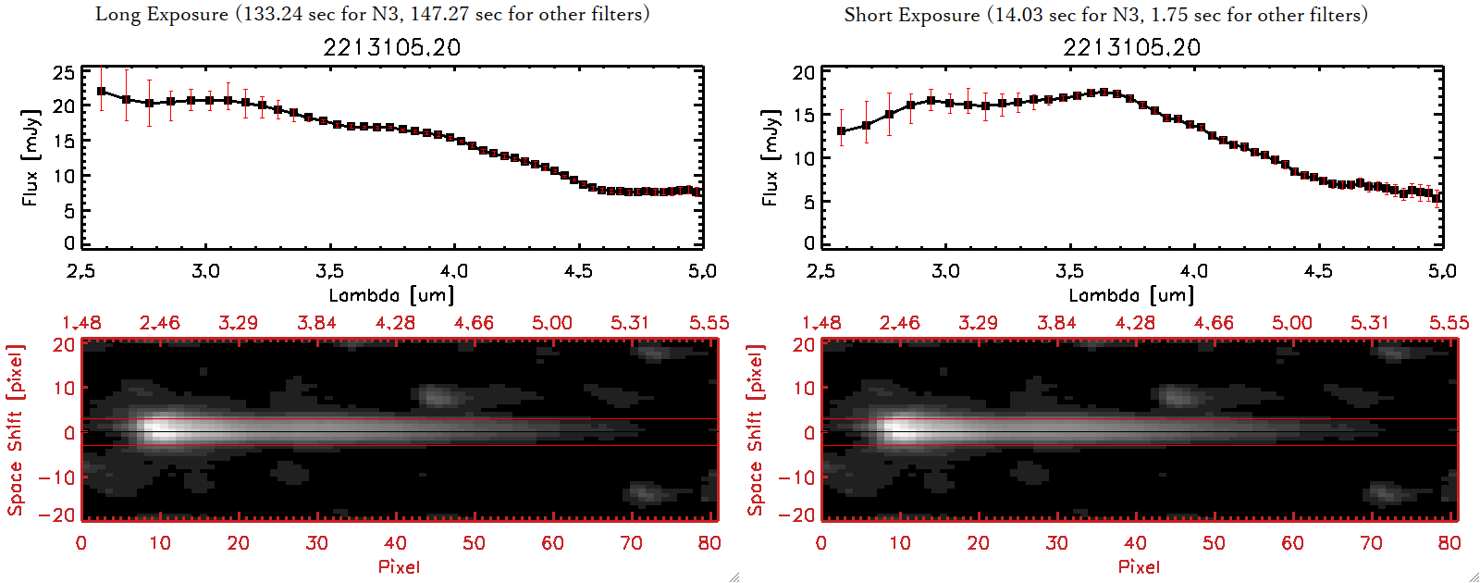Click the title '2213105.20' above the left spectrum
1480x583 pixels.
pos(391,47)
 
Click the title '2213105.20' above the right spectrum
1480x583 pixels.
pos(1131,47)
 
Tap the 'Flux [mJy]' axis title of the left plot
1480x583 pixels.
pos(31,157)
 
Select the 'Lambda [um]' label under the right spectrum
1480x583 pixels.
pos(1131,295)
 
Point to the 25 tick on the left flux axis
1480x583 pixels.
pos(64,73)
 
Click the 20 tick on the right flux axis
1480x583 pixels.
pos(804,73)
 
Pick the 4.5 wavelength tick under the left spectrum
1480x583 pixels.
pos(578,271)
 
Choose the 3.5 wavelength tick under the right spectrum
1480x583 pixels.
pos(1069,271)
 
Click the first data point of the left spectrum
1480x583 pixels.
pos(102,92)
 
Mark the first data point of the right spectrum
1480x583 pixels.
pos(841,131)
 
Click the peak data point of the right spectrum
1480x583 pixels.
pos(1104,92)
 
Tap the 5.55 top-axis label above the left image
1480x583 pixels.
pos(709,323)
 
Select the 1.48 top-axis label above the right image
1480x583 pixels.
pos(821,323)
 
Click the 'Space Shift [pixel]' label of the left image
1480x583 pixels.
pos(16,430)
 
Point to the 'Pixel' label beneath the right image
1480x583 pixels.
pos(1139,566)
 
